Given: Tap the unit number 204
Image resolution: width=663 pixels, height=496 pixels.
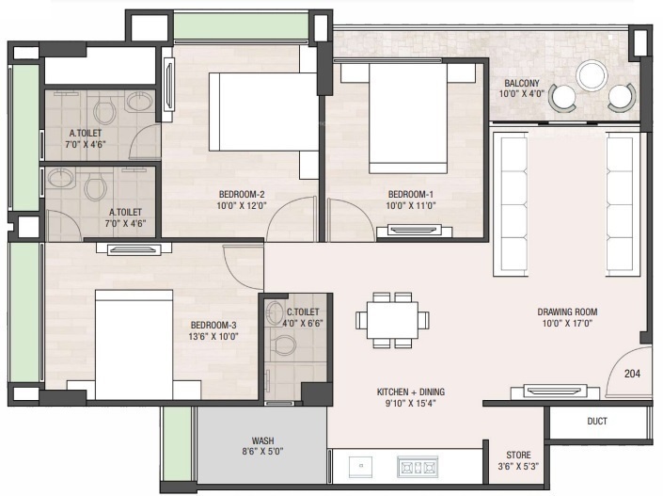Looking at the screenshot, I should click(x=632, y=373).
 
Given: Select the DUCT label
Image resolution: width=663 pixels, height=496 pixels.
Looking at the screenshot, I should click(x=596, y=422).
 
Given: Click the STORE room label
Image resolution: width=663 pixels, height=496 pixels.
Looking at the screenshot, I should click(x=518, y=456).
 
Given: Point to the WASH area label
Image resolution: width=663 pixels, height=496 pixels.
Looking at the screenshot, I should click(x=262, y=440).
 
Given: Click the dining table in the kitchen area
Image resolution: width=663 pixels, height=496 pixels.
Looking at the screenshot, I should click(x=392, y=319).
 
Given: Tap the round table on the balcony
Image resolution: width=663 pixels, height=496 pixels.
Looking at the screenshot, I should click(x=592, y=75).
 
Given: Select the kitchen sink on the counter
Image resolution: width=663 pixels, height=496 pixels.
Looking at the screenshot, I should click(x=362, y=464).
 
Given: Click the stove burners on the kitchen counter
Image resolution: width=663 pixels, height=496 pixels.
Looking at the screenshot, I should click(x=417, y=464).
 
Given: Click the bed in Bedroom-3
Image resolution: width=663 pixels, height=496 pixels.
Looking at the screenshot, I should click(x=134, y=344).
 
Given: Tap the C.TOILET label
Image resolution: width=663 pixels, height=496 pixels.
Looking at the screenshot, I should click(x=303, y=312).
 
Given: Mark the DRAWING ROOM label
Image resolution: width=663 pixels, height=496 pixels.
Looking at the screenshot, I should click(x=567, y=312).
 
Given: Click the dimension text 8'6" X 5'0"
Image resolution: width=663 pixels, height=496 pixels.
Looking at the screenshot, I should click(x=262, y=453).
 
